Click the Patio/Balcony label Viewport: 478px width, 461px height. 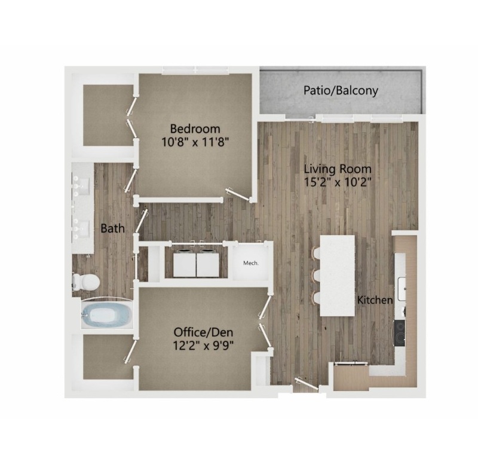click(341, 91)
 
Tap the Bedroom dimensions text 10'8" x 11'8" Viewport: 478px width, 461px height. click(195, 142)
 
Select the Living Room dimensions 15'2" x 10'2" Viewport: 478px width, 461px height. click(338, 182)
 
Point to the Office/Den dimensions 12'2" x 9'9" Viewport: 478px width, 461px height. click(203, 346)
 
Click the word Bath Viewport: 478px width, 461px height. click(112, 228)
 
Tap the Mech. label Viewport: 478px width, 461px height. click(251, 263)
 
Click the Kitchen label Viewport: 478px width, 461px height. click(375, 300)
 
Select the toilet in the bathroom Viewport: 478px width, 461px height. click(86, 282)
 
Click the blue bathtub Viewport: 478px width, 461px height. click(107, 315)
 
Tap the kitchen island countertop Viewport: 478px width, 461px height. click(338, 276)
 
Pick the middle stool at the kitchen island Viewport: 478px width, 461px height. click(316, 276)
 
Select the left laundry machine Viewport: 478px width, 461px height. click(185, 263)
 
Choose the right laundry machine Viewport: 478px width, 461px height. click(207, 263)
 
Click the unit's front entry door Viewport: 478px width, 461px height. click(307, 384)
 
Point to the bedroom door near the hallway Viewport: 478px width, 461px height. click(237, 194)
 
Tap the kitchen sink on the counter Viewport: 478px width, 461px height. click(402, 288)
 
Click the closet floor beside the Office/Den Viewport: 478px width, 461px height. click(108, 357)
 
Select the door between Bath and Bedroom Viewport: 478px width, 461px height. click(130, 180)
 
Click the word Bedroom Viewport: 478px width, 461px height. click(195, 129)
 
